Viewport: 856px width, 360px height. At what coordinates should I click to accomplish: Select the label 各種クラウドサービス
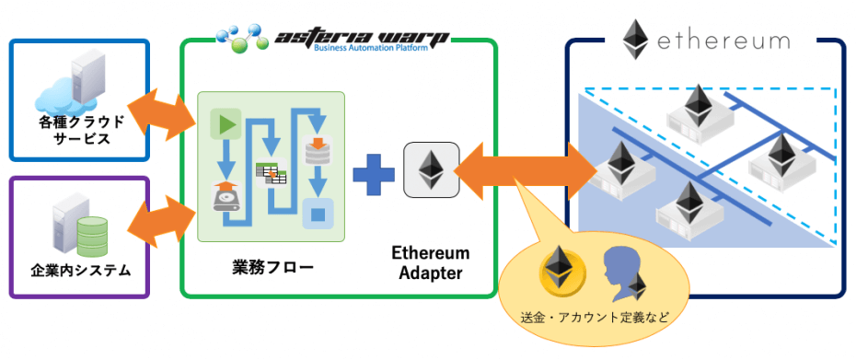coord(75,130)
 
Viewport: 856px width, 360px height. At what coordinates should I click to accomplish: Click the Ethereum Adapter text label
coord(431,262)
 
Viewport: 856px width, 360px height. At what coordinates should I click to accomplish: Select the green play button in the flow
coord(225,122)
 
